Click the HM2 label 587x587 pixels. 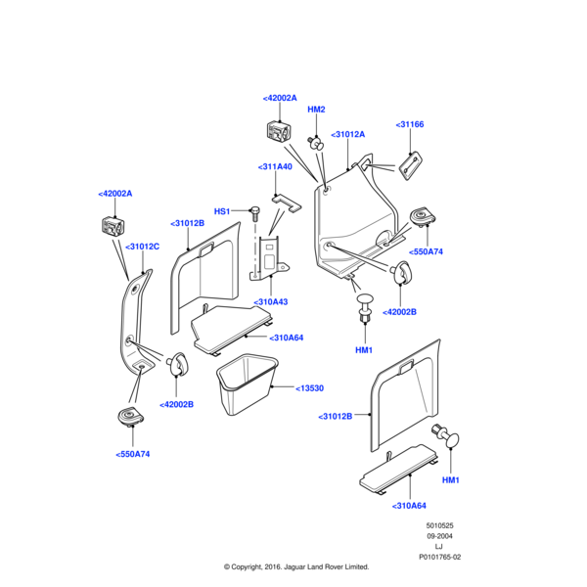(316, 110)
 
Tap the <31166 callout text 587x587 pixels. (410, 124)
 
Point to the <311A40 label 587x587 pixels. (275, 167)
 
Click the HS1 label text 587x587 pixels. (221, 211)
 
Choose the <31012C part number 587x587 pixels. (141, 247)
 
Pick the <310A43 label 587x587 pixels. (271, 302)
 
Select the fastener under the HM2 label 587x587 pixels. (315, 141)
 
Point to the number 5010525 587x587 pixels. (440, 525)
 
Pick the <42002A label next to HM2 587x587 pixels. (280, 99)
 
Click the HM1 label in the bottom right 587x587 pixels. (450, 480)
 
